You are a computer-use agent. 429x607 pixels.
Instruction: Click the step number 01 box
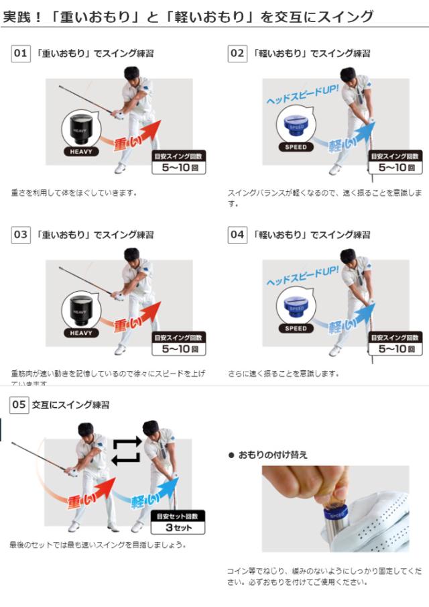pos(21,53)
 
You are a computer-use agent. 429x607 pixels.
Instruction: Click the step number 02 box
pos(237,53)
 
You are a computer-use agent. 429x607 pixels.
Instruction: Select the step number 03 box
pos(21,235)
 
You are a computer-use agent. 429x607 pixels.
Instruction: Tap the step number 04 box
pos(237,235)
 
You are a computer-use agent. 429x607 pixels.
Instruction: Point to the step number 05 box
pos(19,404)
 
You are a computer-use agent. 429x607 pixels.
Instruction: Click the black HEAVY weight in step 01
pos(80,127)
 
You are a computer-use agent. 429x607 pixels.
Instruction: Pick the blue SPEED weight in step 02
pos(296,125)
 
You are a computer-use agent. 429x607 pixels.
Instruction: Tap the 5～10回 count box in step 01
pos(179,163)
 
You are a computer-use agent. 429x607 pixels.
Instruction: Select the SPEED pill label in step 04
pos(296,329)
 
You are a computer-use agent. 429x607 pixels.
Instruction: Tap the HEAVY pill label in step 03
pos(80,333)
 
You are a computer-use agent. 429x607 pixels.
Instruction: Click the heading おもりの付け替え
pos(272,455)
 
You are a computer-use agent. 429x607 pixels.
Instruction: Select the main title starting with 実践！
pos(187,17)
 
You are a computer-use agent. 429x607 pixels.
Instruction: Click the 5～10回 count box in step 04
pos(395,343)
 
